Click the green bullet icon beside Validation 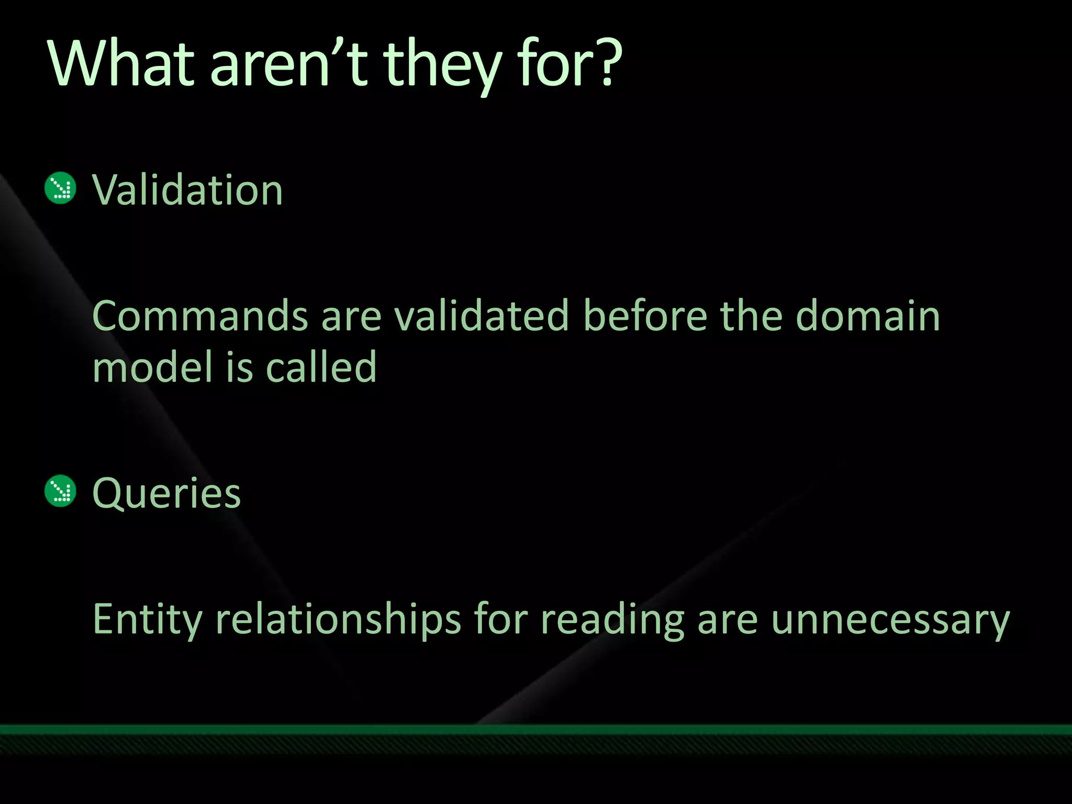tap(61, 188)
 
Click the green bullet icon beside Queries tap(61, 491)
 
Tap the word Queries tap(166, 493)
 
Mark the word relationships tap(338, 620)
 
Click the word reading tap(612, 620)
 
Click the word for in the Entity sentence tap(500, 619)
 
